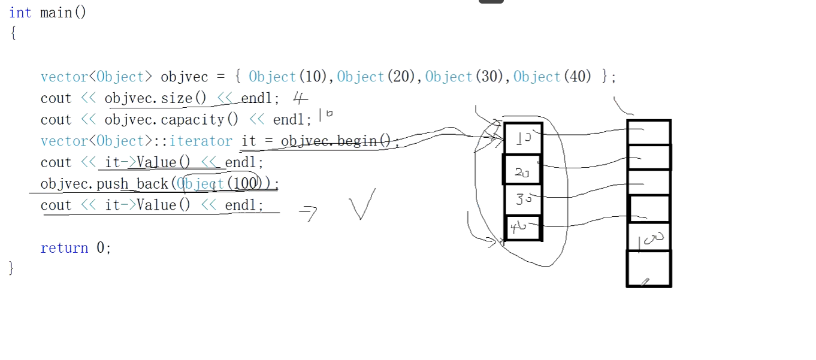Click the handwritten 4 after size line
click(300, 98)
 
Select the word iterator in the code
click(201, 141)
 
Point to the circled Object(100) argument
click(220, 184)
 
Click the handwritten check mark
click(362, 204)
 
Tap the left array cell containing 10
click(523, 139)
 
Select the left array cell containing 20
click(522, 170)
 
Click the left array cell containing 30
click(523, 199)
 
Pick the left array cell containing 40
click(523, 228)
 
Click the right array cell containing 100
click(649, 237)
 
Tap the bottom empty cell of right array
click(649, 268)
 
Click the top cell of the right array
click(649, 132)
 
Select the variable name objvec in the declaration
click(184, 77)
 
